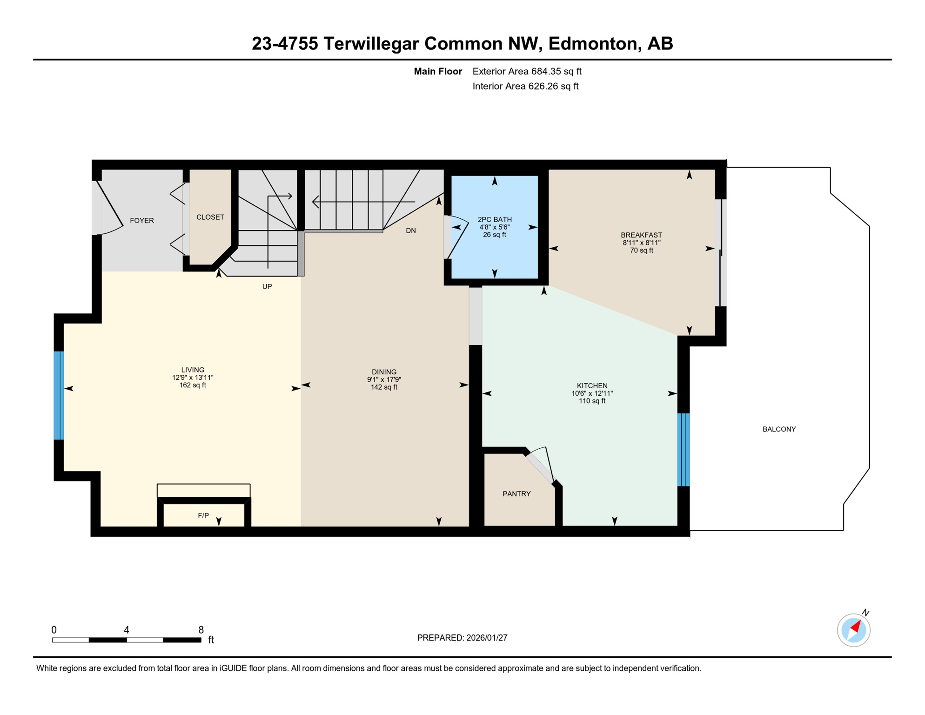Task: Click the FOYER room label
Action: click(141, 221)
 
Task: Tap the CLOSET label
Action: click(210, 217)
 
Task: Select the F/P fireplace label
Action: click(203, 516)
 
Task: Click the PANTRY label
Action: click(516, 494)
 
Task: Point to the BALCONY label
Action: click(779, 429)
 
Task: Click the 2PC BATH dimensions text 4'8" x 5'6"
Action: click(494, 227)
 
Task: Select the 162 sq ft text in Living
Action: click(193, 385)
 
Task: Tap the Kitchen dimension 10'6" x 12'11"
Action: click(592, 393)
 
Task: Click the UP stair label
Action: click(267, 287)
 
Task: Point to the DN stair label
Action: click(410, 231)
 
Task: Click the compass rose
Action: click(853, 630)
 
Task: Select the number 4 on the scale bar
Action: click(127, 630)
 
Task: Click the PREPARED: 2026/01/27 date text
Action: click(462, 638)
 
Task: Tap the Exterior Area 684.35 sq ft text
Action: click(527, 72)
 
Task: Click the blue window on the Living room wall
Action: click(59, 395)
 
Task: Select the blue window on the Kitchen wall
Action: click(683, 450)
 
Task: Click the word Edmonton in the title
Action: click(592, 43)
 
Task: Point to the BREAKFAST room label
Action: click(641, 235)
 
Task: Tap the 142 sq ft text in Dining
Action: click(384, 387)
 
